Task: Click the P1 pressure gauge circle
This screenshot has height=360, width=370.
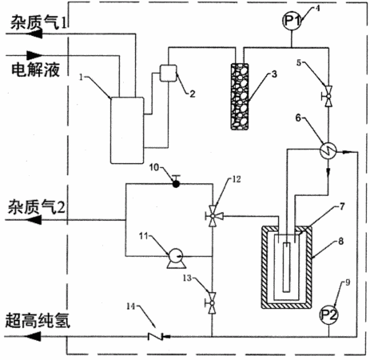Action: [292, 21]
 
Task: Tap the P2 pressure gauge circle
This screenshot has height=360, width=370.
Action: [328, 315]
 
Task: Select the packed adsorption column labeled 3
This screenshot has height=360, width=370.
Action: [240, 97]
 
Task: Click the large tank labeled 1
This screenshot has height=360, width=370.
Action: [127, 130]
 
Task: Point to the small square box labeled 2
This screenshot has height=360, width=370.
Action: [168, 73]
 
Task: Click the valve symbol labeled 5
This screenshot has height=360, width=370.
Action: [328, 96]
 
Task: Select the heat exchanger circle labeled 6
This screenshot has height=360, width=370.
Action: [328, 150]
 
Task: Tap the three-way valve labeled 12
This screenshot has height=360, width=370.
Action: [213, 216]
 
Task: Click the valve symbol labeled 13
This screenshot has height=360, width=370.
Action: [212, 303]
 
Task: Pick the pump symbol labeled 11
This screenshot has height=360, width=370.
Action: [176, 261]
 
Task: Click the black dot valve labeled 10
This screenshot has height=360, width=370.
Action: [176, 183]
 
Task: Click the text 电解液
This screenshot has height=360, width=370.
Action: [35, 70]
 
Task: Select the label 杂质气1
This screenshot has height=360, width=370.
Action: [38, 22]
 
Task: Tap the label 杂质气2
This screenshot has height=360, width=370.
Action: [36, 206]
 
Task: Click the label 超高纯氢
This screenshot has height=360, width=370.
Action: [38, 321]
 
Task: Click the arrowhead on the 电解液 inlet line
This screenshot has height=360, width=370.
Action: [34, 55]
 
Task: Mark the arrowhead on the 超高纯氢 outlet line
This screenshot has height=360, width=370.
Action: [34, 336]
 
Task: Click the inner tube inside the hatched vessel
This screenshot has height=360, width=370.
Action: [286, 267]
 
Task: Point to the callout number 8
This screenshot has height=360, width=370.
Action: [340, 242]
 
